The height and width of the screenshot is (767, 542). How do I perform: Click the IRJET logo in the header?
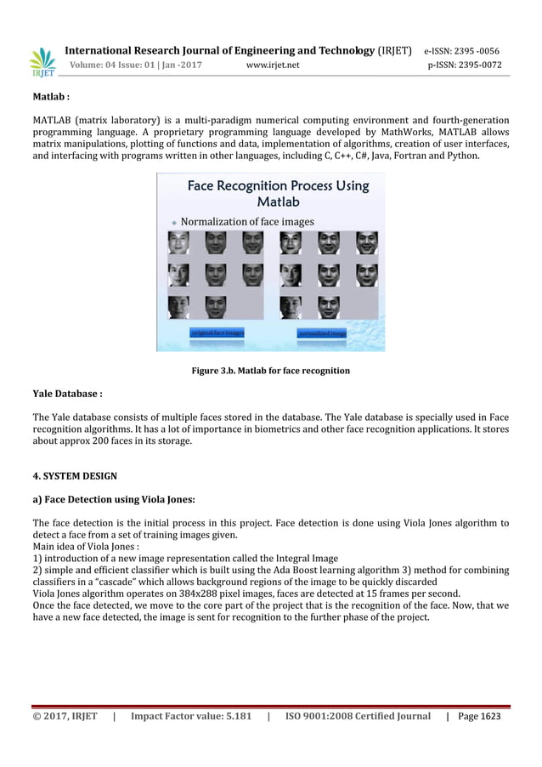[x=42, y=61]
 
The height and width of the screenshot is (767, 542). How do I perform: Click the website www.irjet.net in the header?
[x=273, y=65]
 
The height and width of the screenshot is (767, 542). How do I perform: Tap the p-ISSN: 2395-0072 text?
[x=464, y=65]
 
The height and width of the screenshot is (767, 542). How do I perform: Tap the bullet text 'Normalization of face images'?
[x=246, y=221]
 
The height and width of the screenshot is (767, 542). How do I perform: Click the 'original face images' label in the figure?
[x=217, y=332]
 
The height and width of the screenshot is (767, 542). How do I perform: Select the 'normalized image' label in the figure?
[x=322, y=333]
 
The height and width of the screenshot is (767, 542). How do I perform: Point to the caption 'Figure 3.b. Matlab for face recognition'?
[x=270, y=371]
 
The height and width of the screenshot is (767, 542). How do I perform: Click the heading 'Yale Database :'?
[x=67, y=394]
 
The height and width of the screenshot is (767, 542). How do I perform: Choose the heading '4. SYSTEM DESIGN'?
[x=75, y=475]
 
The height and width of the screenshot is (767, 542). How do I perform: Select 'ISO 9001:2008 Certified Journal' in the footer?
[x=358, y=717]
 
